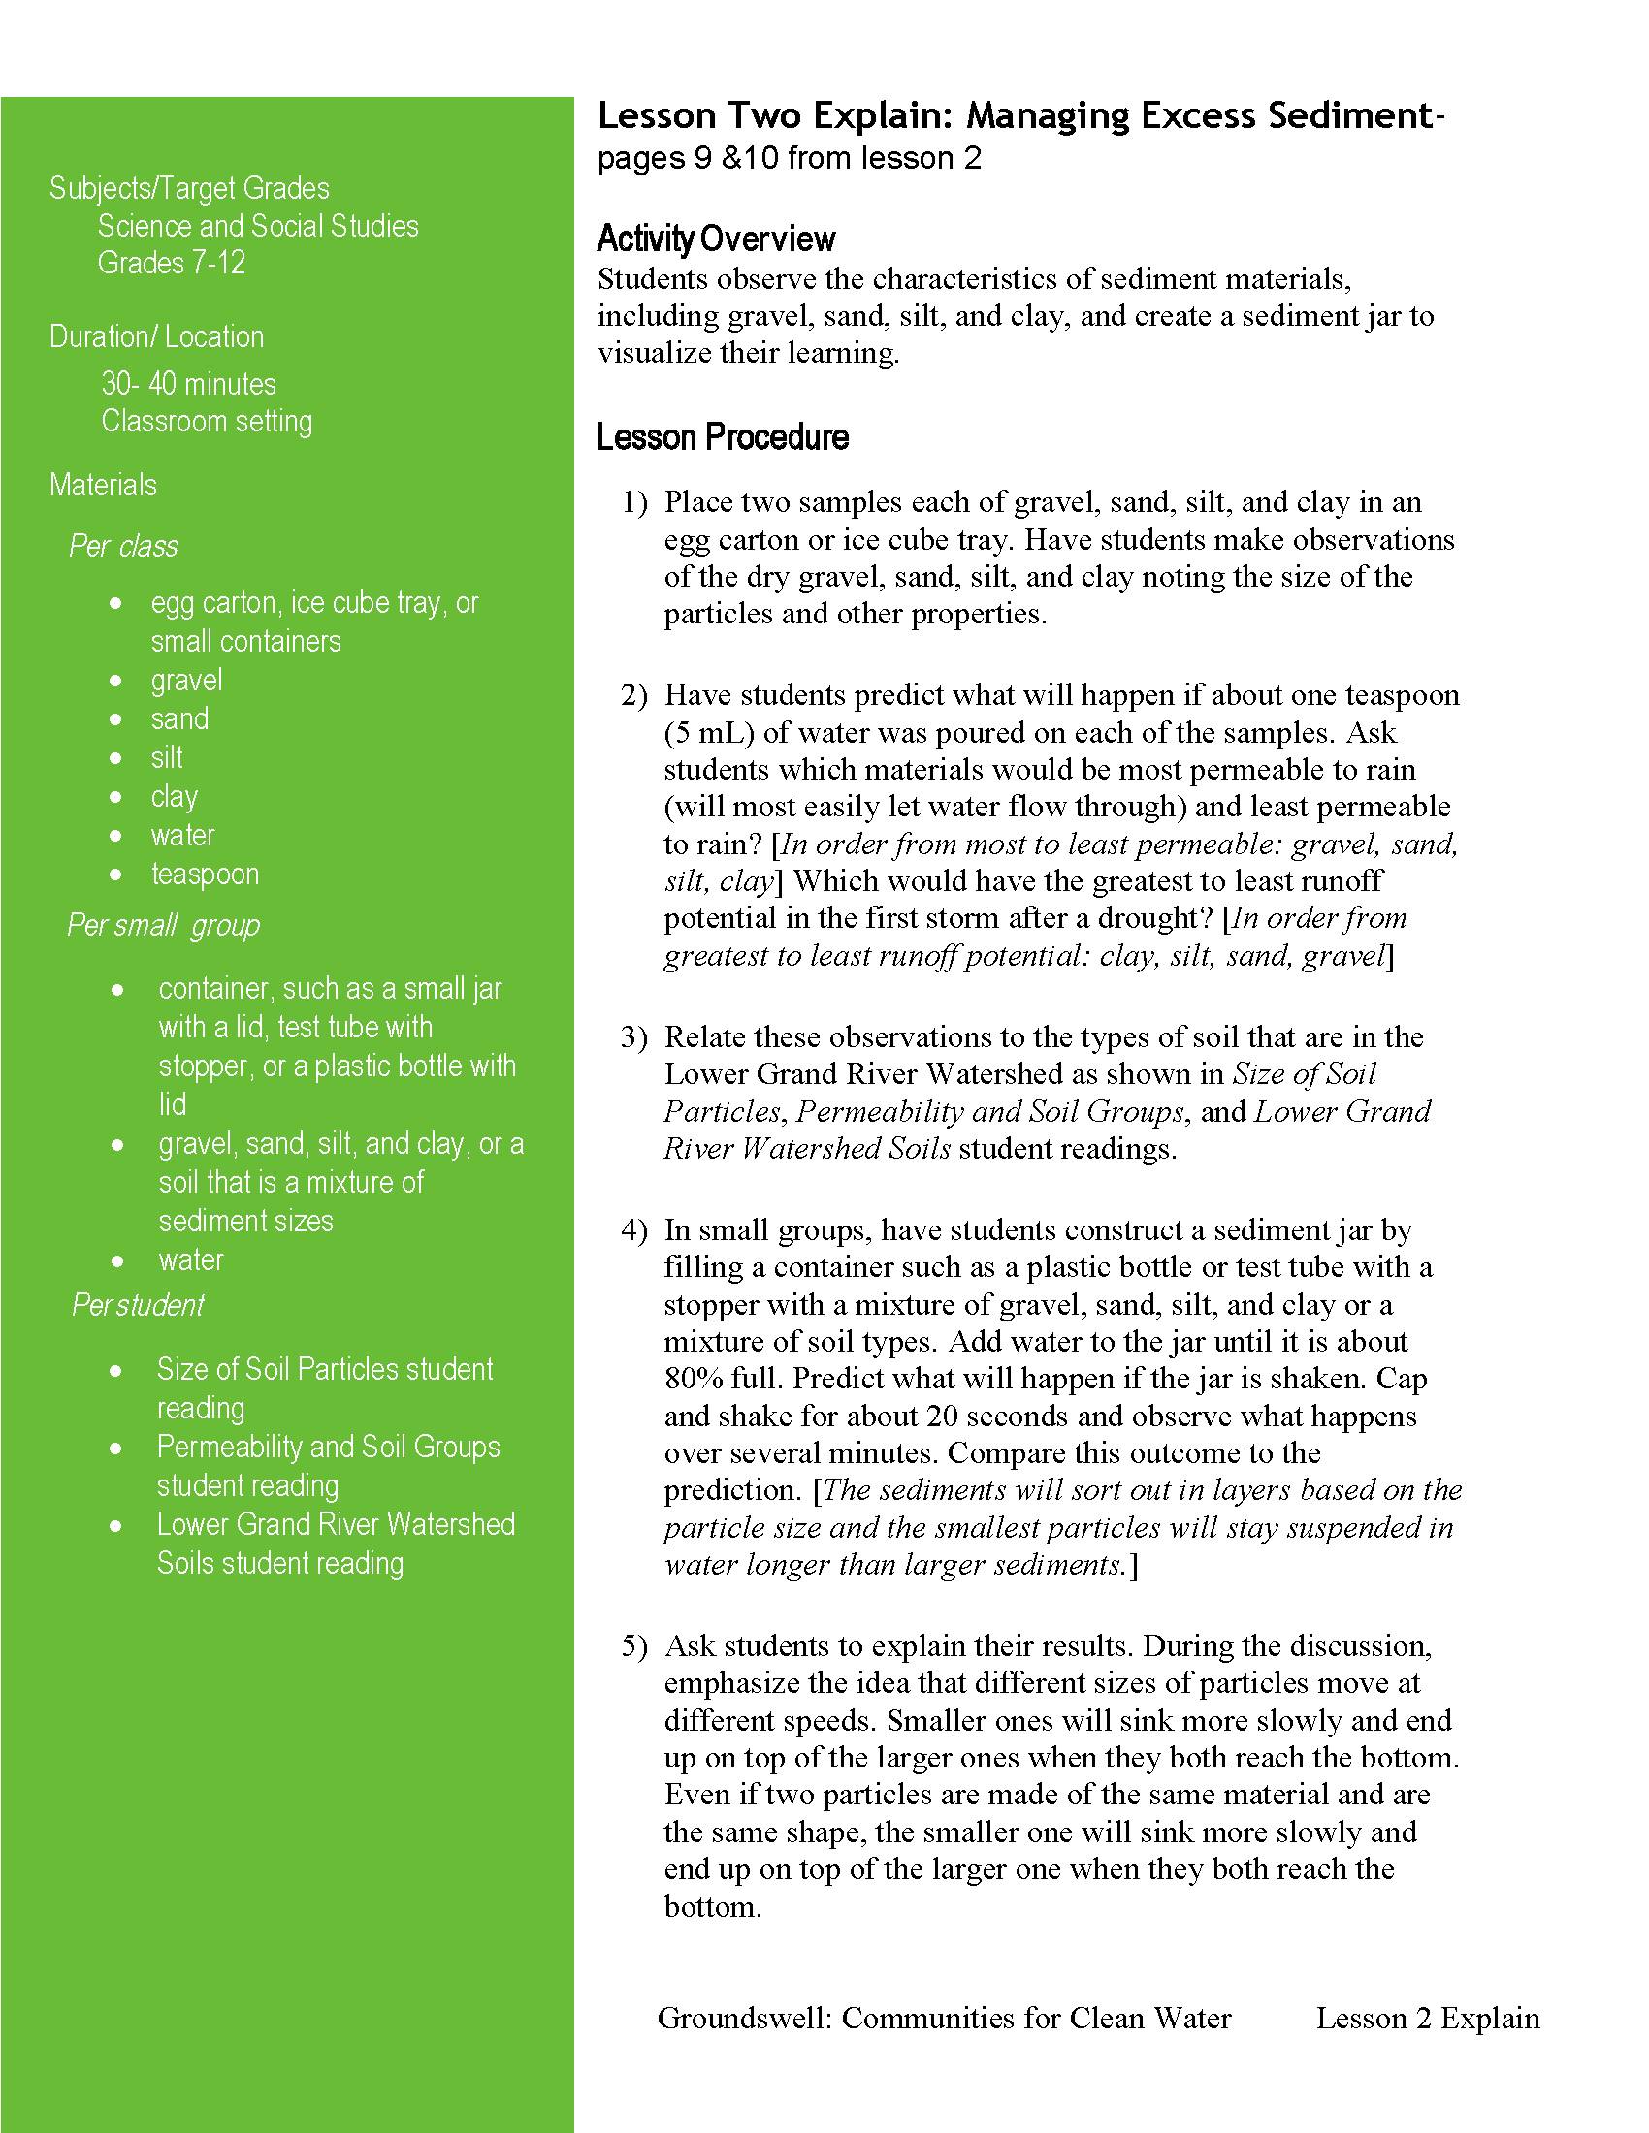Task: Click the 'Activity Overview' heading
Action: [716, 239]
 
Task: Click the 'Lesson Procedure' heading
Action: [722, 436]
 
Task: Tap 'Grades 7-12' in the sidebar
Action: [171, 263]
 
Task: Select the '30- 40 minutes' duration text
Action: [188, 384]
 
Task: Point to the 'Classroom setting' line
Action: [206, 421]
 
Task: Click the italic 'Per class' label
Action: [123, 545]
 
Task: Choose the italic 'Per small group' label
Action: [163, 924]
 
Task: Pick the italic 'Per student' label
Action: [138, 1304]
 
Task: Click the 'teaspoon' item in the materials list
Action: [205, 874]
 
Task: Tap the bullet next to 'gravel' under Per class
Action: [116, 681]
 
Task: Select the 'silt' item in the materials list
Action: [167, 757]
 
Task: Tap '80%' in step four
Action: [694, 1378]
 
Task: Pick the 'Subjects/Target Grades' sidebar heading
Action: [189, 187]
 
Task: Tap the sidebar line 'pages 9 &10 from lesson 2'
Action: [790, 158]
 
